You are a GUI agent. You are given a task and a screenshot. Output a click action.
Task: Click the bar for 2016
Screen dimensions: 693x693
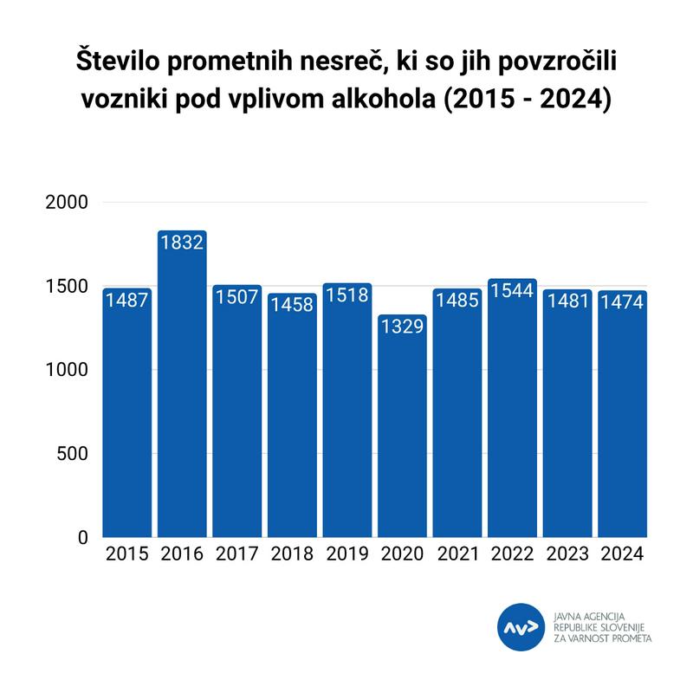(182, 390)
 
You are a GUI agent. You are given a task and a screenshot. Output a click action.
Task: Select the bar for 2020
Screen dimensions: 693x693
(402, 433)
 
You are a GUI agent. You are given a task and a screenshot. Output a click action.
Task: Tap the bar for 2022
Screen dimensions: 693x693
(513, 416)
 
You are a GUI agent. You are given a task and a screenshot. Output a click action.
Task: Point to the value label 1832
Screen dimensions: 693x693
(182, 243)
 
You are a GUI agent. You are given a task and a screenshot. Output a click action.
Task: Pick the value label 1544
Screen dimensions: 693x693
(513, 291)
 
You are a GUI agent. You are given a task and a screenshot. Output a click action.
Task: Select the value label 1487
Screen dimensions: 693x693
(126, 301)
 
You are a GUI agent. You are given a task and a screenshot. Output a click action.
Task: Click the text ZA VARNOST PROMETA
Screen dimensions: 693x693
(603, 638)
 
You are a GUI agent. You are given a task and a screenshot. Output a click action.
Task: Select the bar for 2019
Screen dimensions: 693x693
(347, 416)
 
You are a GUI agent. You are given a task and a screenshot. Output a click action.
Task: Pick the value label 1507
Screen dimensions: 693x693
(236, 297)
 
